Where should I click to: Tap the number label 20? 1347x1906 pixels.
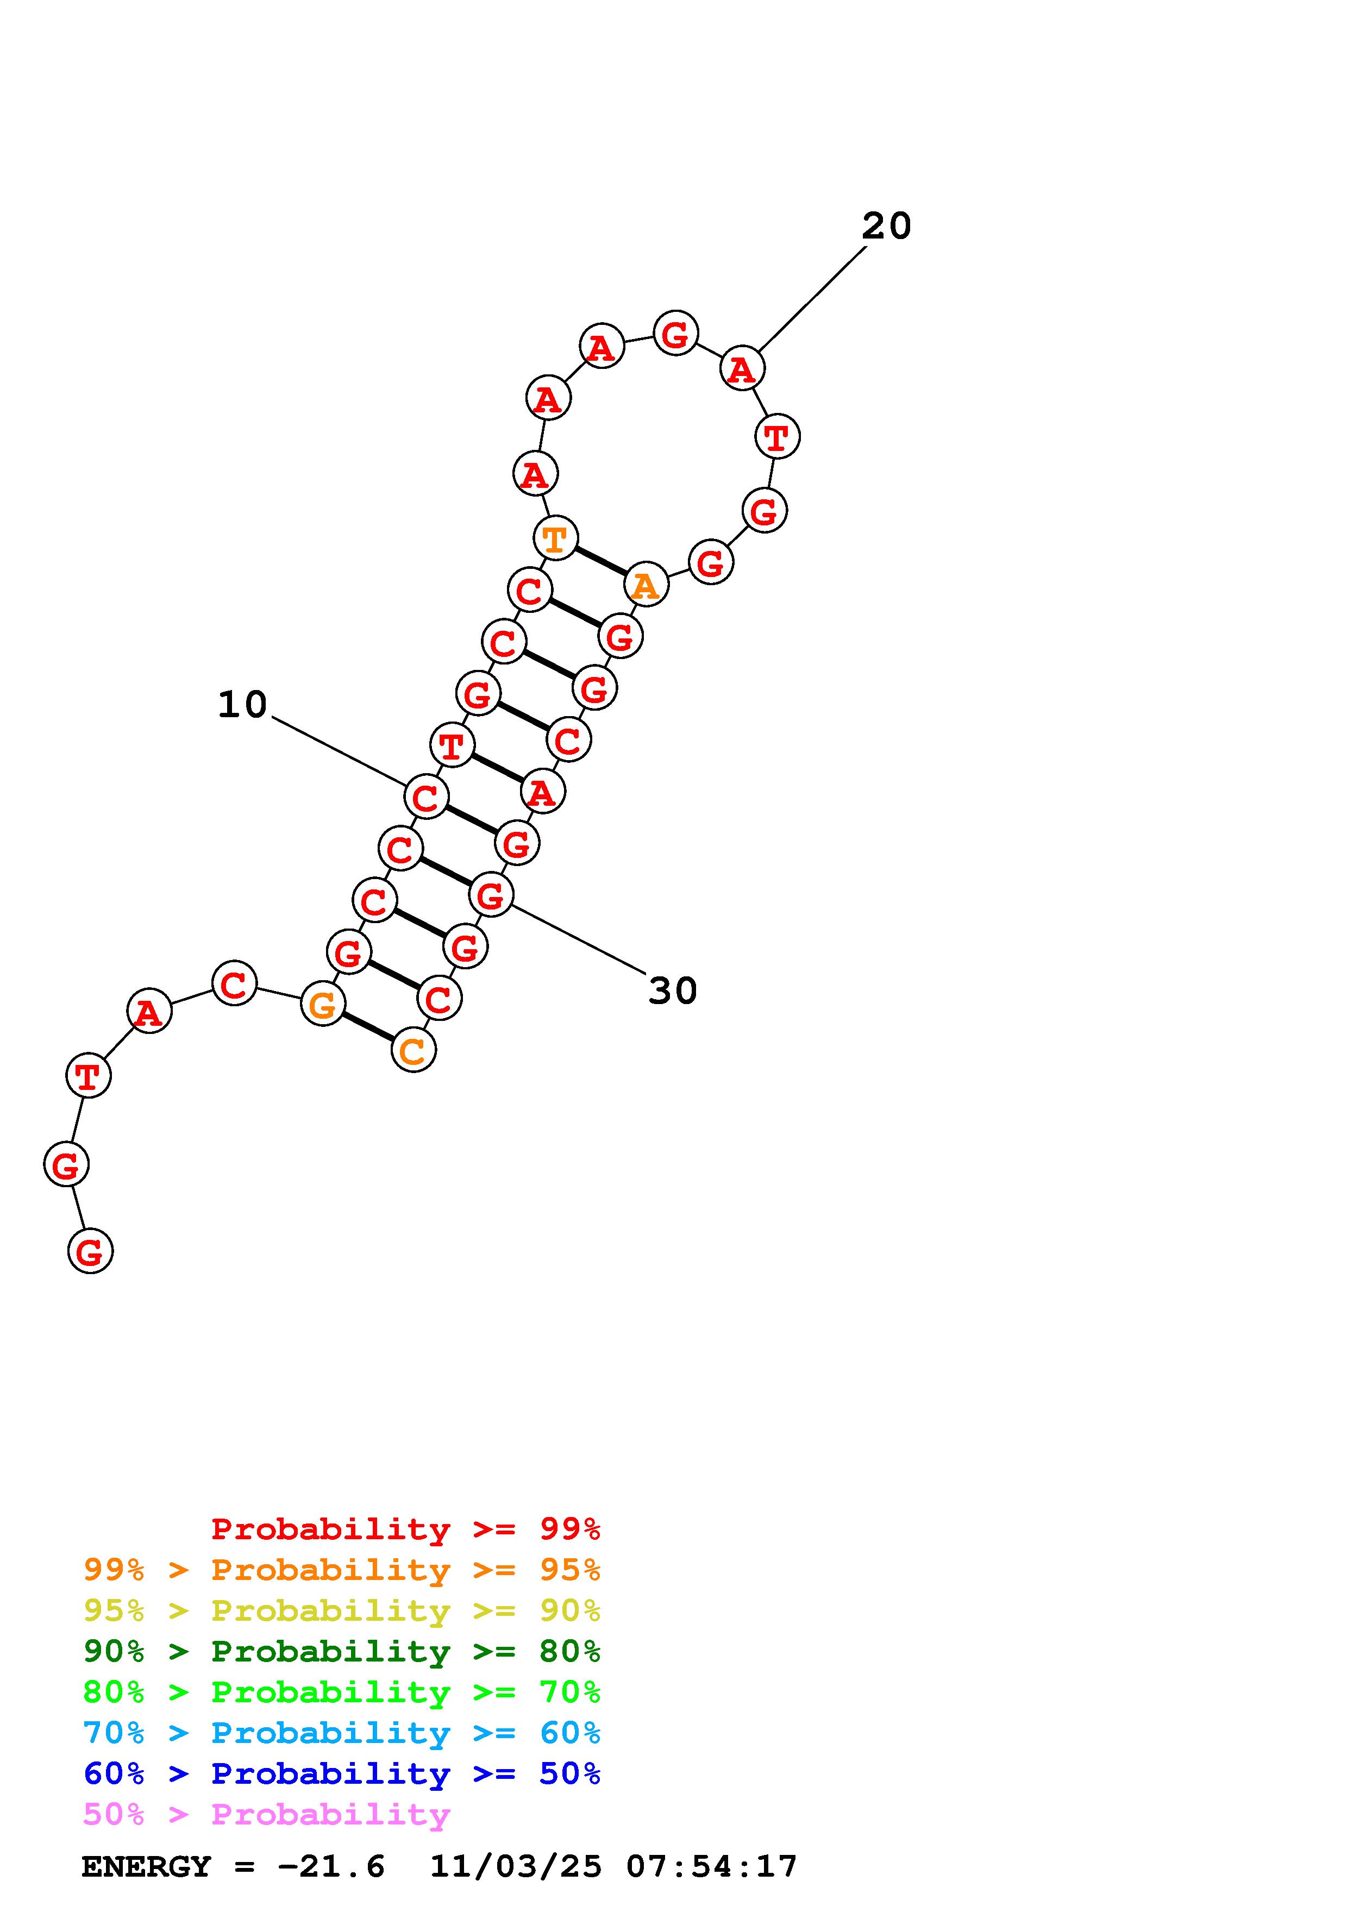pyautogui.click(x=886, y=226)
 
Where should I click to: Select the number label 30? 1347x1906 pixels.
pyautogui.click(x=672, y=990)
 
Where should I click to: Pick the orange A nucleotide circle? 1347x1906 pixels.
pyautogui.click(x=646, y=585)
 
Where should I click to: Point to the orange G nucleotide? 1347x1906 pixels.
pyautogui.click(x=322, y=1005)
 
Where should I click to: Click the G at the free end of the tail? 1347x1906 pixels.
pyautogui.click(x=90, y=1251)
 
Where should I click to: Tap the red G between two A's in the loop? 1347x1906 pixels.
pyautogui.click(x=675, y=333)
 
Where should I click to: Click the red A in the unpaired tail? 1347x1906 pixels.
pyautogui.click(x=148, y=1011)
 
